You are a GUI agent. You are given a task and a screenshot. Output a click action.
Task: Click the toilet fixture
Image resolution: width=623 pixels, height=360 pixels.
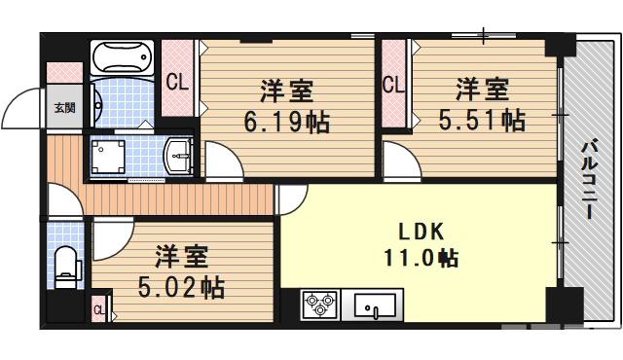click(66, 265)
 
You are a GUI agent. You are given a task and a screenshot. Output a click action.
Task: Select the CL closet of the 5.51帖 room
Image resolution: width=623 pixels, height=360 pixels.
click(394, 86)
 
